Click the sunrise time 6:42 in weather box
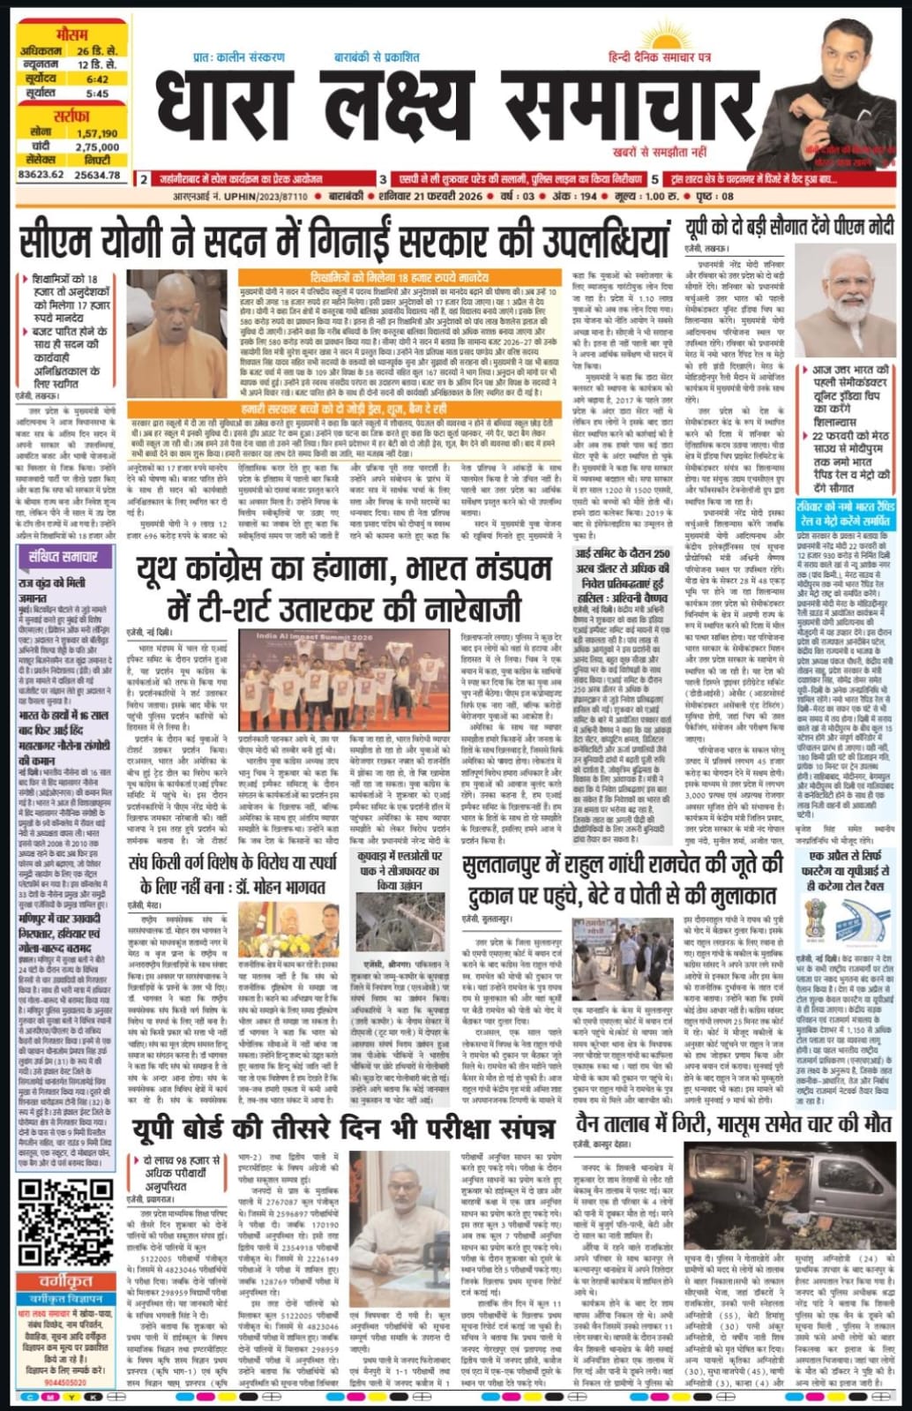(97, 79)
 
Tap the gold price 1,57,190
(97, 133)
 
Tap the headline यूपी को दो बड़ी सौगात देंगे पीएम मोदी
(789, 228)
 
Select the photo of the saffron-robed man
(176, 321)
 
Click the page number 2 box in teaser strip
(144, 179)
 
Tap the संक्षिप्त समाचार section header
(63, 557)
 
